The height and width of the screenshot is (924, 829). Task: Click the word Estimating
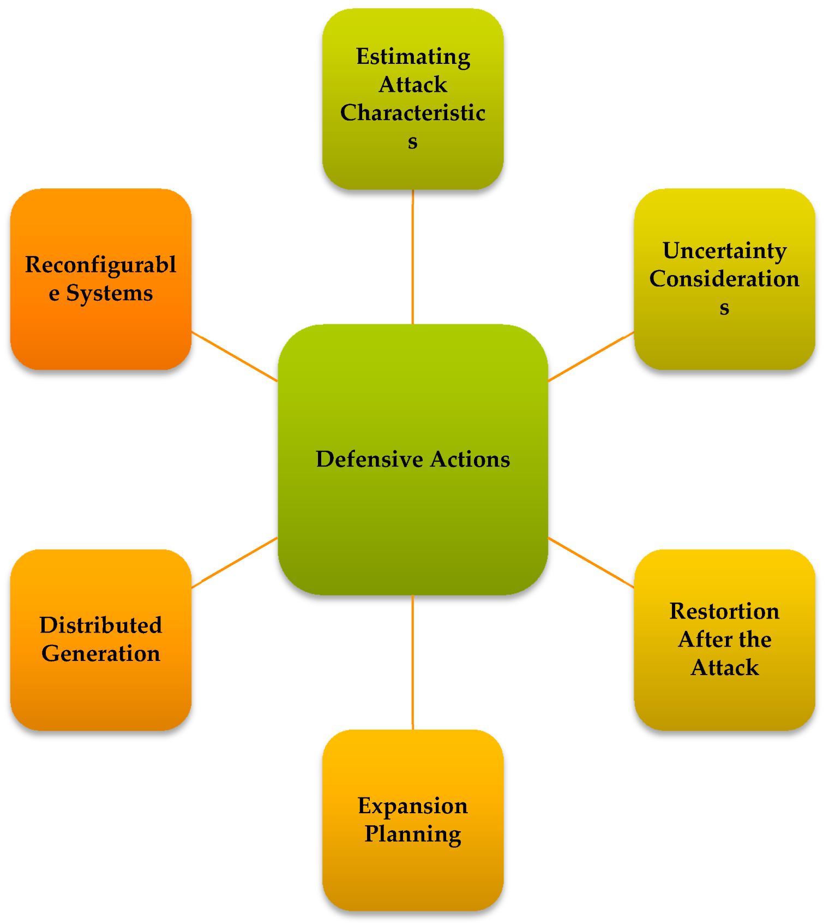413,57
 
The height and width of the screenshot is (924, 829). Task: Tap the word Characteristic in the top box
413,113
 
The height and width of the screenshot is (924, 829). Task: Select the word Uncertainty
724,251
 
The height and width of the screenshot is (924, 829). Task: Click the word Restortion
724,611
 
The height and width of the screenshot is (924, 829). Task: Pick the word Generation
101,654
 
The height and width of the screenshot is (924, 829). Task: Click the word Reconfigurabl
101,265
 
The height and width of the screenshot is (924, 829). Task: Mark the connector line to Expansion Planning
413,662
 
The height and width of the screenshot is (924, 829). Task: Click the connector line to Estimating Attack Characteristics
413,257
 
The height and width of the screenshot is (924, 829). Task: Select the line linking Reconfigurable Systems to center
235,356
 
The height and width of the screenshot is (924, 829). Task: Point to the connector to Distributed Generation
235,563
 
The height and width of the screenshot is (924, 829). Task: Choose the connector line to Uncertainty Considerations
591,356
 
